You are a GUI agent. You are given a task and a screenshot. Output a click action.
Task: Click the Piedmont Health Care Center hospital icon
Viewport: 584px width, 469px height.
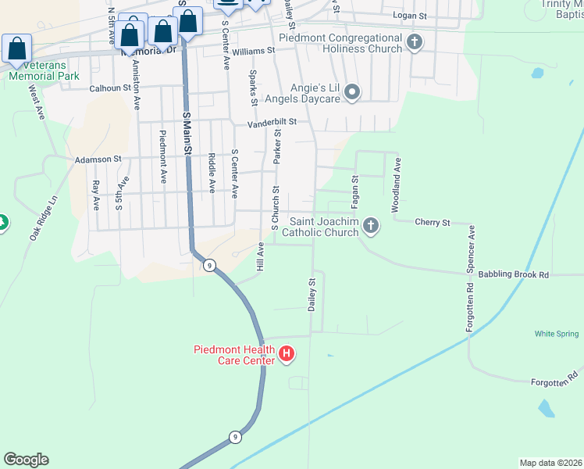tap(287, 355)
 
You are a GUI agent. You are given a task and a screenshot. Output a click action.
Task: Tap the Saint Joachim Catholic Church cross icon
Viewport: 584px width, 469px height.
tap(371, 227)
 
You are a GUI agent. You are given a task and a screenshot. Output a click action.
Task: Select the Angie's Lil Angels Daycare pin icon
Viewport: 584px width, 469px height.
tap(352, 94)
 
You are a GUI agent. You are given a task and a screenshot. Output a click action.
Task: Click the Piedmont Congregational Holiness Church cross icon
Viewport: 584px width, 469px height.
tap(414, 43)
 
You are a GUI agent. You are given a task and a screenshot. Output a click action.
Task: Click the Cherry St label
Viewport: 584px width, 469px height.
tap(433, 223)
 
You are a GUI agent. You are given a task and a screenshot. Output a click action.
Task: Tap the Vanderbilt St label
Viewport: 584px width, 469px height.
tap(272, 123)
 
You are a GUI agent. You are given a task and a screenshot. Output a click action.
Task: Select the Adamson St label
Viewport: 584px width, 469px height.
tap(98, 159)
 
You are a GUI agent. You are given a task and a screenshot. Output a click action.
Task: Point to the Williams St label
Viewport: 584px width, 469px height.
tap(253, 50)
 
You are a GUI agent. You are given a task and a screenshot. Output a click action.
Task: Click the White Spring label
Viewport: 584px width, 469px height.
tap(557, 334)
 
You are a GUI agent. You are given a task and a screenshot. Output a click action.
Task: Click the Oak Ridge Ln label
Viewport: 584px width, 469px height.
tap(44, 218)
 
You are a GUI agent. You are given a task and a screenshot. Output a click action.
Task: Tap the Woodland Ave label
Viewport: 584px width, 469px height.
tap(397, 185)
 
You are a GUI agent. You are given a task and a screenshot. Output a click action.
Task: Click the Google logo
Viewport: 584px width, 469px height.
tap(26, 460)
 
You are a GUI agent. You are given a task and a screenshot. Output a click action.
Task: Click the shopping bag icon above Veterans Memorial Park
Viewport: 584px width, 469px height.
tap(17, 48)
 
